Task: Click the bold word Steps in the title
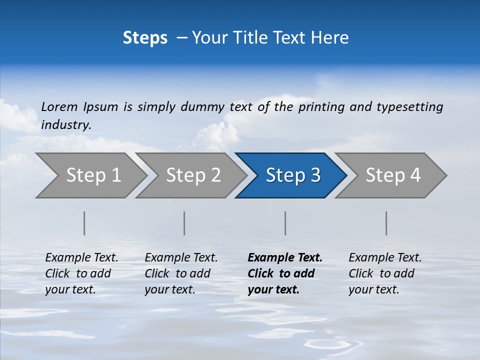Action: point(145,38)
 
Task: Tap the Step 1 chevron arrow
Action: point(93,175)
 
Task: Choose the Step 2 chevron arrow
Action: point(193,175)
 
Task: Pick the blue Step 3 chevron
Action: point(292,175)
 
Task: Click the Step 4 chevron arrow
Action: point(392,175)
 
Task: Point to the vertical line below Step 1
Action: point(84,223)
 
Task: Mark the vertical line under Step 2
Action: point(184,223)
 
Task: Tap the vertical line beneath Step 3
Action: point(285,223)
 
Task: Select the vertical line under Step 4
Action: point(386,223)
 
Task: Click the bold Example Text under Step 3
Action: point(285,258)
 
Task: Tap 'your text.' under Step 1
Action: point(70,289)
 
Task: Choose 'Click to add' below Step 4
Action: point(381,273)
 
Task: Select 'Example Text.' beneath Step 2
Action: point(181,258)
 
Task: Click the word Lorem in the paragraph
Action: point(59,107)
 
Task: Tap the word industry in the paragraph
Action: point(66,125)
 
